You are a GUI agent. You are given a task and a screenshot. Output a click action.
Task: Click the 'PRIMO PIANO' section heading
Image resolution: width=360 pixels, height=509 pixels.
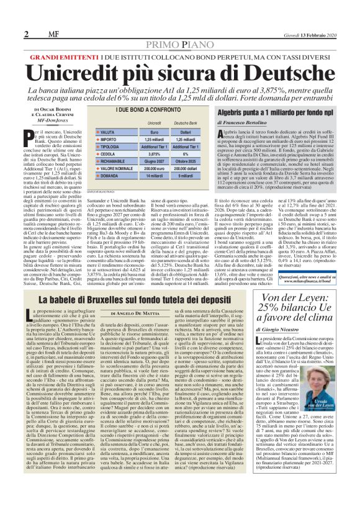(x=180, y=46)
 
